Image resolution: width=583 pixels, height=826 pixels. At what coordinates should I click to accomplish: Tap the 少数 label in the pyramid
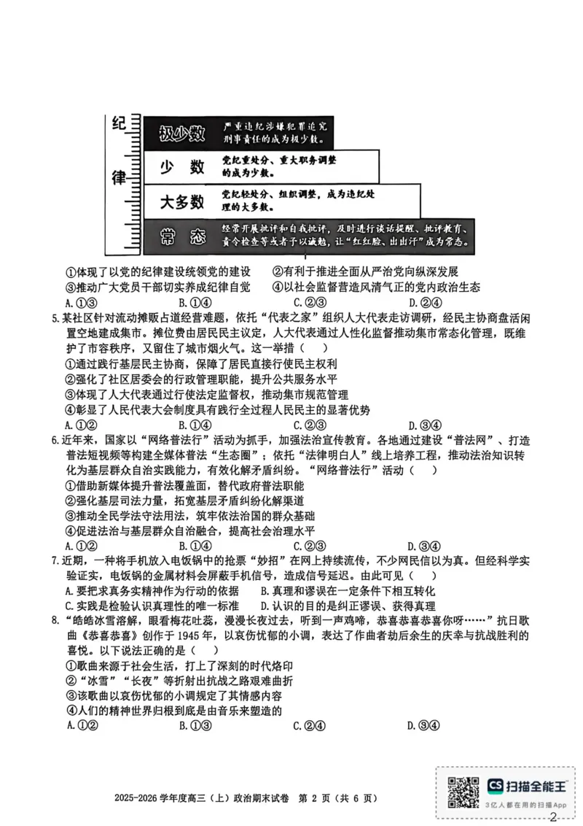(x=181, y=167)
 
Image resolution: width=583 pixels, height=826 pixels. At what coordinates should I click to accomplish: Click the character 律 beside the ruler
(x=117, y=177)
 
